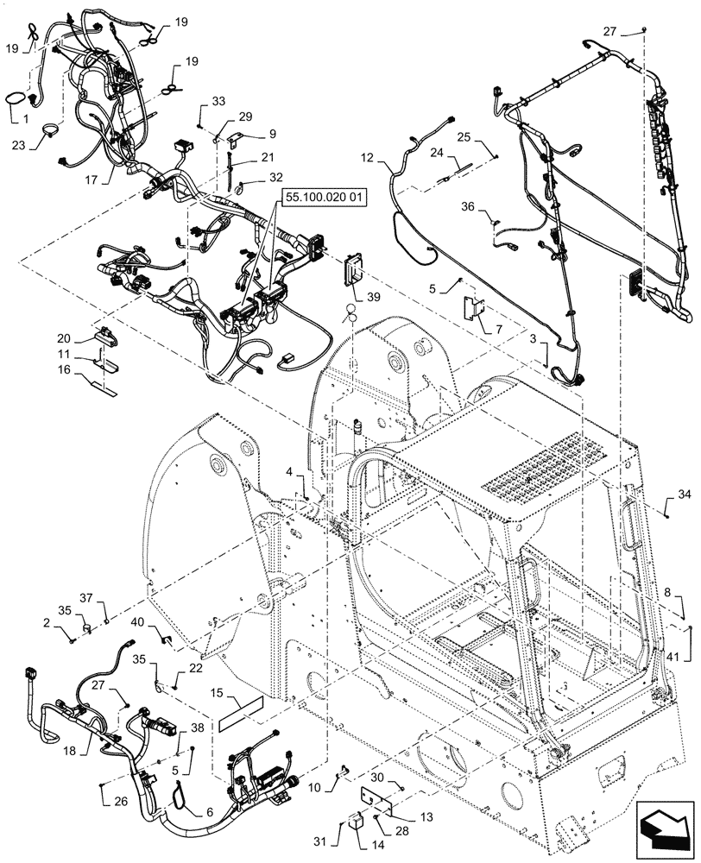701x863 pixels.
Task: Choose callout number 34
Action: (x=685, y=494)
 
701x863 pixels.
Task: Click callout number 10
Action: (x=313, y=787)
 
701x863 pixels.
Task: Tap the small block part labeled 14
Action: (x=354, y=819)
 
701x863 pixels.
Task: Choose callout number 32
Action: (x=275, y=177)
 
